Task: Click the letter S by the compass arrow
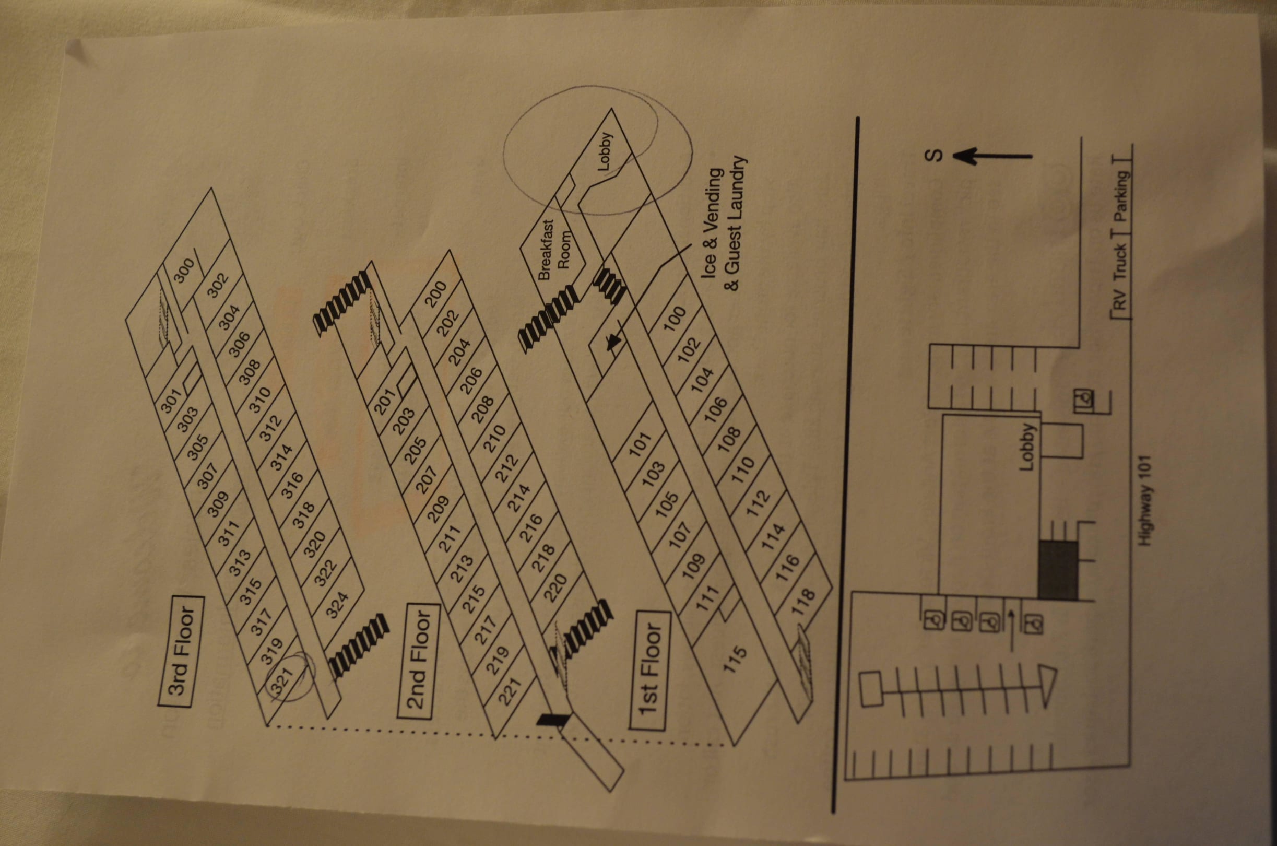(x=935, y=156)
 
